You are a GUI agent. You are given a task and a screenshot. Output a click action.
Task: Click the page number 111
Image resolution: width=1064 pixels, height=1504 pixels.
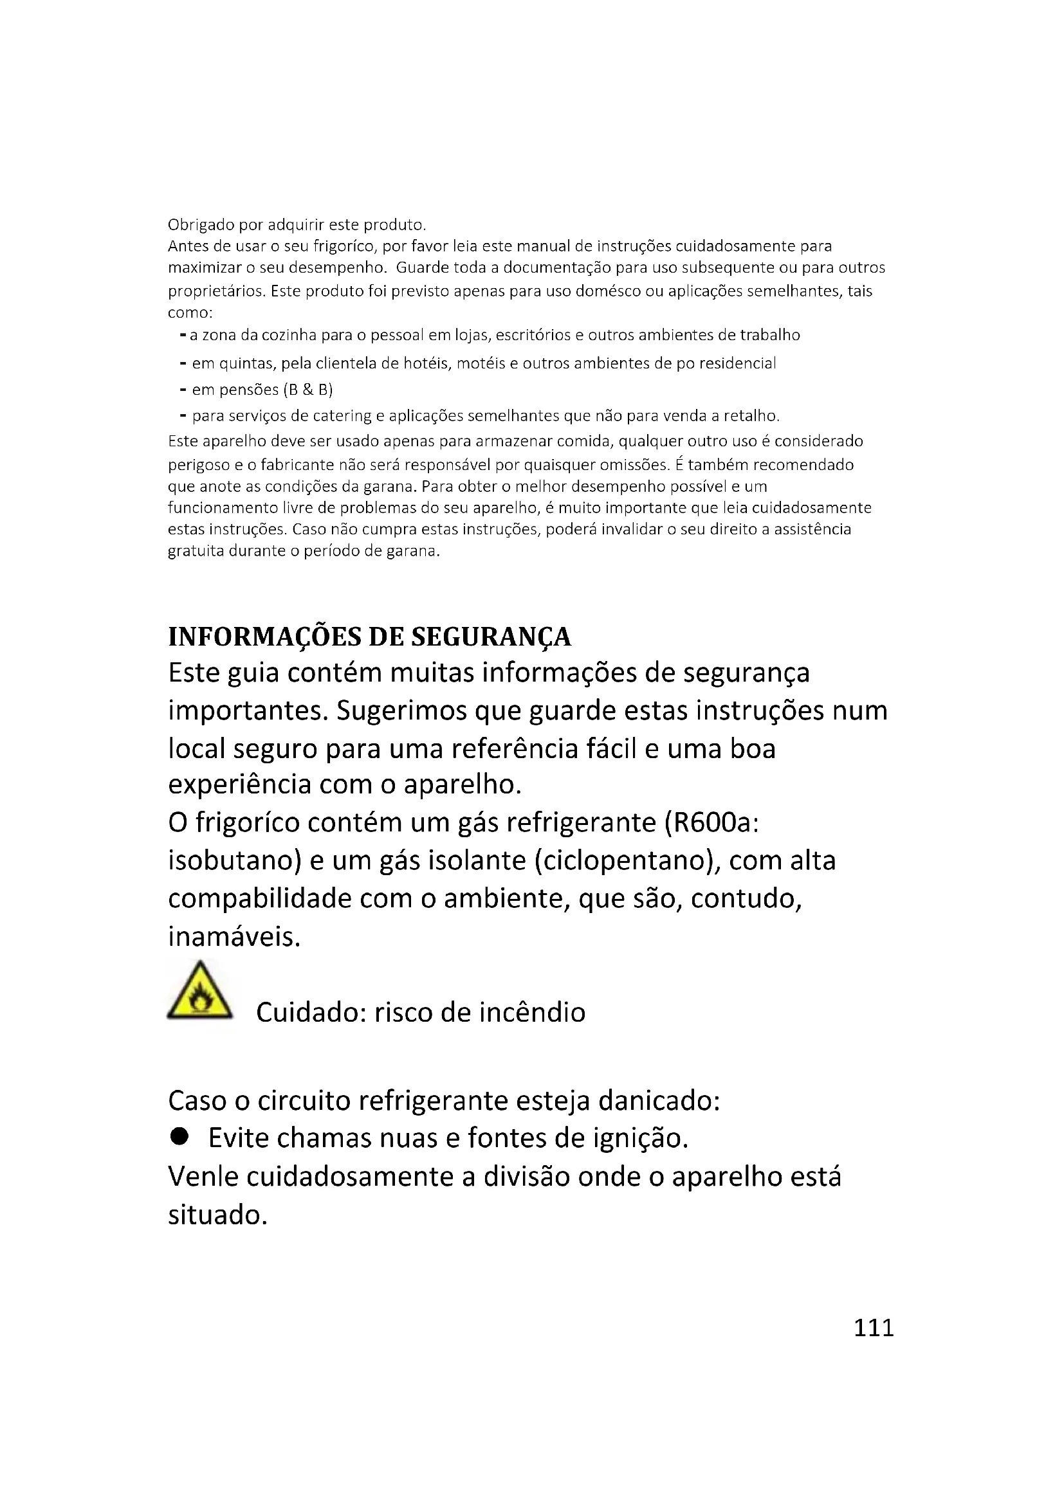point(874,1327)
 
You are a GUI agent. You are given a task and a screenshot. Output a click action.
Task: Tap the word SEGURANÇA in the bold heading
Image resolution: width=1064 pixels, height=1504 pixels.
point(491,637)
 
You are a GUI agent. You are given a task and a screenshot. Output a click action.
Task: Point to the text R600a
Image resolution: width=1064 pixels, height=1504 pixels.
point(711,822)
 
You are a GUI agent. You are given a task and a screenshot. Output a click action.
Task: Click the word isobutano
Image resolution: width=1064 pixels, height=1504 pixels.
point(234,860)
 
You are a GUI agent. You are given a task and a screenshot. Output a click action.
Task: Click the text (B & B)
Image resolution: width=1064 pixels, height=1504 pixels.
point(308,390)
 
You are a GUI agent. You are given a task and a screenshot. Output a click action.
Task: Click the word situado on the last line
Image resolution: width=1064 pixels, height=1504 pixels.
point(217,1215)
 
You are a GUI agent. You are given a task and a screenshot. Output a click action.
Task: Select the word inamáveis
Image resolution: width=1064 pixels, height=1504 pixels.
point(234,936)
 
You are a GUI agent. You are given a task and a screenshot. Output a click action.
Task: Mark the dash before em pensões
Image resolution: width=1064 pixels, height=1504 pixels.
point(183,390)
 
